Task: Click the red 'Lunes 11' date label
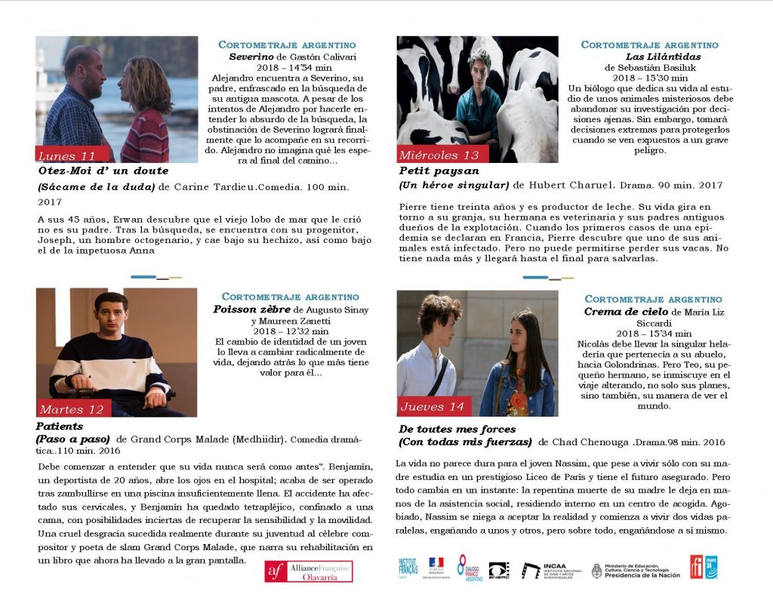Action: [x=66, y=156]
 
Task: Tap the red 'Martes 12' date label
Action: [x=72, y=410]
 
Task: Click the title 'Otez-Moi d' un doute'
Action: [x=103, y=171]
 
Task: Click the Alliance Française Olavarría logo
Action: [x=308, y=571]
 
